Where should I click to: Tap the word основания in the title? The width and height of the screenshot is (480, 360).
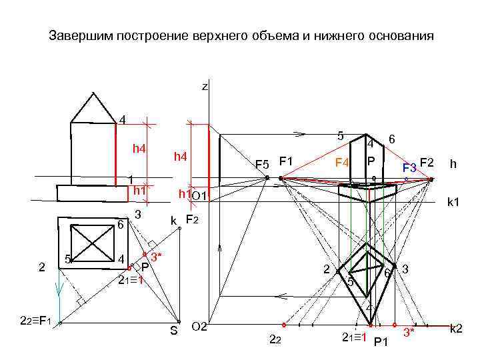397,36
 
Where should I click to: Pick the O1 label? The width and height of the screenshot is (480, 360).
199,195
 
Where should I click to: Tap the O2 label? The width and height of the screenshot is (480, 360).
199,327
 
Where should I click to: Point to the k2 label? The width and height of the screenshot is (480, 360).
457,328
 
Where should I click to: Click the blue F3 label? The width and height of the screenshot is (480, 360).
409,167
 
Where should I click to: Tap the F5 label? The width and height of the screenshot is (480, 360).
262,164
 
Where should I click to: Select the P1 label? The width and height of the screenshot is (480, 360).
381,342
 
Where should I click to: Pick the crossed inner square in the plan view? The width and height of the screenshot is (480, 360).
93,239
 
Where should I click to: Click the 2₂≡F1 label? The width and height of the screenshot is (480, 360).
34,322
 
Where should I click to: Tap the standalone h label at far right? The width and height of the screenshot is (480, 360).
453,163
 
